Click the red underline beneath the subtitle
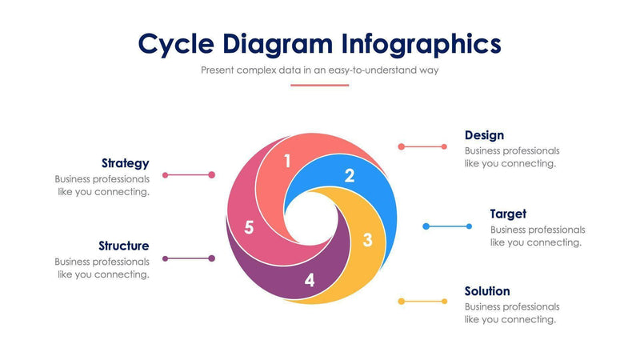pos(320,85)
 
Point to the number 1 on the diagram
pos(287,162)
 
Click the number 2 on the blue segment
pos(349,175)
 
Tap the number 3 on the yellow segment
pos(367,239)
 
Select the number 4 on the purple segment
pos(310,281)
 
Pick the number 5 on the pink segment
pos(249,228)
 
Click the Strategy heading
pos(125,163)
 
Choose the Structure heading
pos(123,246)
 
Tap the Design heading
pos(484,135)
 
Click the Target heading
pos(508,214)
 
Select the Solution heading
pos(486,291)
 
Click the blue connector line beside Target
pos(448,226)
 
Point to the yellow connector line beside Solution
pos(423,302)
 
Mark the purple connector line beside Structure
pos(188,258)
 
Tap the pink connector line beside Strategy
pos(188,174)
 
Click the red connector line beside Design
pos(423,146)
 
